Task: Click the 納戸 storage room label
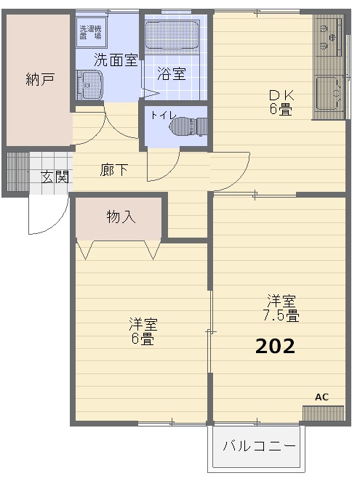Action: (x=40, y=80)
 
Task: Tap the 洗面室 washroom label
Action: (x=115, y=60)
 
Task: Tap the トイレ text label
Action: (x=162, y=115)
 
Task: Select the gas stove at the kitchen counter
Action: (x=329, y=36)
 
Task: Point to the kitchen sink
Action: (x=329, y=93)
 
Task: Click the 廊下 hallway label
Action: (x=114, y=170)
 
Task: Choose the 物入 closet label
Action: (x=121, y=216)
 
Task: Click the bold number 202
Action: (x=275, y=347)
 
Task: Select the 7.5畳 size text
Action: (x=281, y=315)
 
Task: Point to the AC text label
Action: (x=321, y=397)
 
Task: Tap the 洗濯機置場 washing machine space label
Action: (x=91, y=31)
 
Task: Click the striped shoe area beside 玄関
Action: (x=17, y=173)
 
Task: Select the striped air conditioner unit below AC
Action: (x=322, y=413)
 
